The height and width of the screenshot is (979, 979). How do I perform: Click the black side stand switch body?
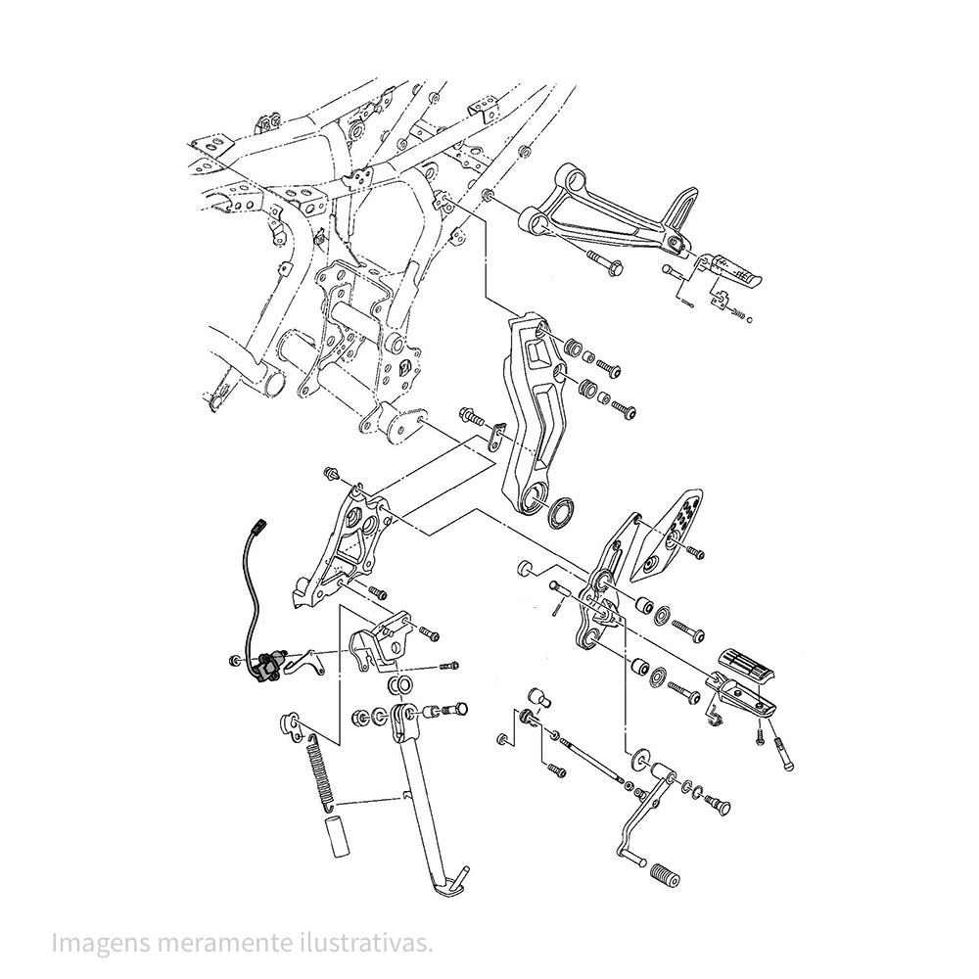point(268,668)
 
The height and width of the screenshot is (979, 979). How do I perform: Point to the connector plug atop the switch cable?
point(256,530)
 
